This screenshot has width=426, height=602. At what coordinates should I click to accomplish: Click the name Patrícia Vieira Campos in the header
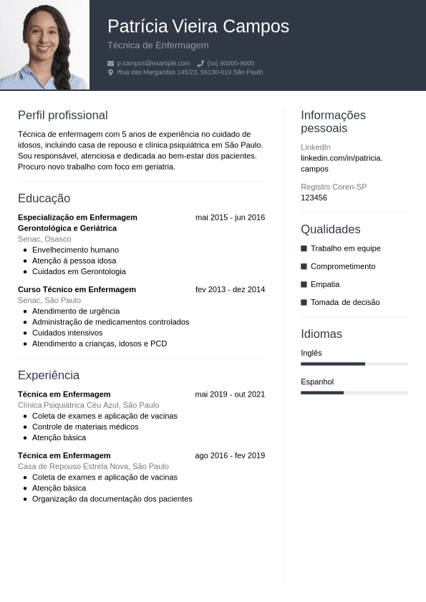coord(198,26)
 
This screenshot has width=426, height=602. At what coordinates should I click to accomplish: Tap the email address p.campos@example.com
coord(153,63)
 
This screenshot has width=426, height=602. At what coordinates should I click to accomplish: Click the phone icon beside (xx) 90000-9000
coord(200,63)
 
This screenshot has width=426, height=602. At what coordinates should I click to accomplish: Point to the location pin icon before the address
coord(110,72)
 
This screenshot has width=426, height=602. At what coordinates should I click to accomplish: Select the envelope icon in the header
coord(110,63)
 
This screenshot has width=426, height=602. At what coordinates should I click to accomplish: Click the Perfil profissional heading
coord(62,115)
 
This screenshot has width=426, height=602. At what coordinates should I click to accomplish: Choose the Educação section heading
coord(44,198)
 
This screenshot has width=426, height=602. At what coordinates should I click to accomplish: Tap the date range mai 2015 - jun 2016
coord(230,218)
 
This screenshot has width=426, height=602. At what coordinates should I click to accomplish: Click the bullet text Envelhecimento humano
coord(75,250)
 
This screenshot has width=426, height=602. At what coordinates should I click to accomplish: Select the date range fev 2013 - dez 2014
coord(230,290)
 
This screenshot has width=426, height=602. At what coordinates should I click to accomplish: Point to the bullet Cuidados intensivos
coord(67,333)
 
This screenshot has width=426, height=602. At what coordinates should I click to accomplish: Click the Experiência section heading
coord(48,375)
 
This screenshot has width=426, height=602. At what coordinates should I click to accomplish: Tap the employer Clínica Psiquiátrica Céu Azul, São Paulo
coord(88,405)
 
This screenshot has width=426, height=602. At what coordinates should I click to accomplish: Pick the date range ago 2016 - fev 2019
coord(230,455)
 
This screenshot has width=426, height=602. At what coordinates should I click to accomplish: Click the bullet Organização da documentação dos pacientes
coord(112,499)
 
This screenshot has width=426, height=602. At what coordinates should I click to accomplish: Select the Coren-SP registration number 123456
coord(314,198)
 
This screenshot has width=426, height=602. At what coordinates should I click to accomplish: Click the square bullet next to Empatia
coord(304,284)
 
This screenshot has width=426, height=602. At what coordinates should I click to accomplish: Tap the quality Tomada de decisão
coord(345,302)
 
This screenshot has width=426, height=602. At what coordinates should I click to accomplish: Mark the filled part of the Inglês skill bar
coord(333,364)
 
